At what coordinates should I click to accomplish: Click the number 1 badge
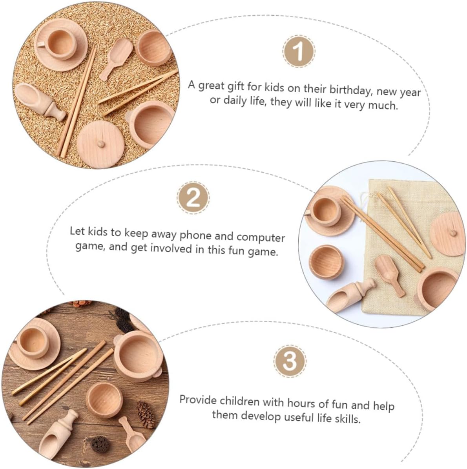point(298,51)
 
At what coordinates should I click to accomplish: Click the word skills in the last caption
point(347,418)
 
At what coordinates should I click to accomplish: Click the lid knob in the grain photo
point(101,144)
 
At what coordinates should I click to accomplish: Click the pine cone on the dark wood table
point(146,413)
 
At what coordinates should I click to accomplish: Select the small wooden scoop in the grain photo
point(116,58)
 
